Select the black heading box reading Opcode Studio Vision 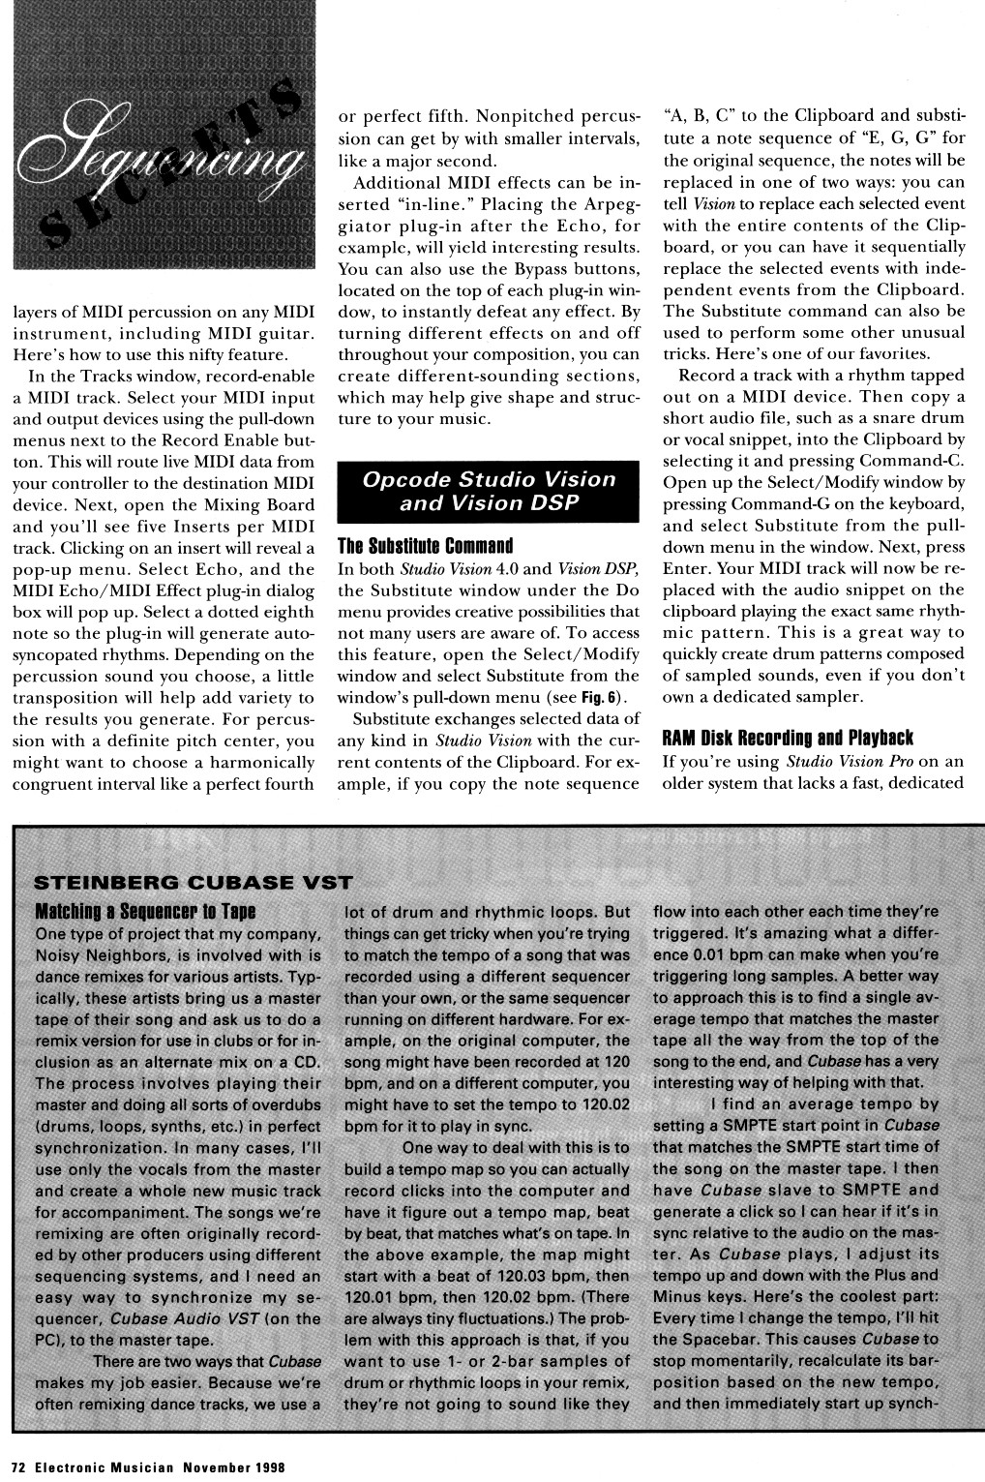tap(489, 491)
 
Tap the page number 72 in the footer tap(19, 1466)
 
